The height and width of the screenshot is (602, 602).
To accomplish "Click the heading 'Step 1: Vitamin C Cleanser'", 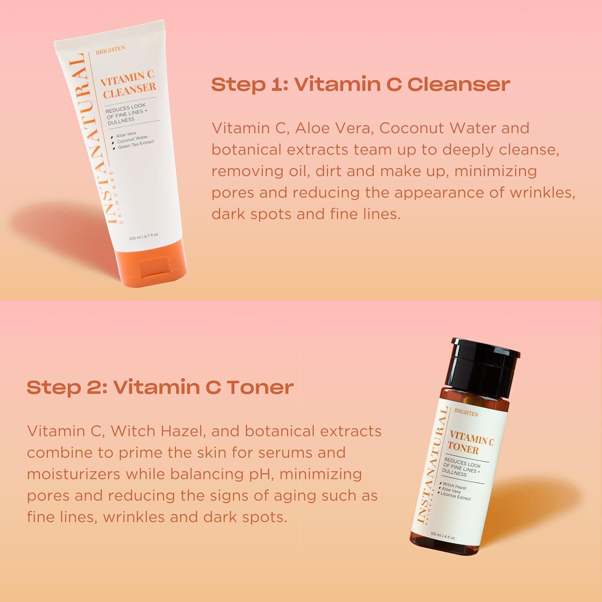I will [360, 84].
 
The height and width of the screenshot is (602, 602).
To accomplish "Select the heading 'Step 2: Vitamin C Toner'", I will [160, 387].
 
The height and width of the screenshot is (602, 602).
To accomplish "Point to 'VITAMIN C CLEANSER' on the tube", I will [128, 84].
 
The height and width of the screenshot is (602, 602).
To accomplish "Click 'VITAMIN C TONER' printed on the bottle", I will [470, 443].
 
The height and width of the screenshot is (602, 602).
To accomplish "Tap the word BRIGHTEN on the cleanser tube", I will [110, 50].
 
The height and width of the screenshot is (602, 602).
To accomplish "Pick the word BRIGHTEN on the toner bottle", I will [466, 413].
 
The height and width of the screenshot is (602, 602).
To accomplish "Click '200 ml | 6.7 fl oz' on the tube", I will [143, 237].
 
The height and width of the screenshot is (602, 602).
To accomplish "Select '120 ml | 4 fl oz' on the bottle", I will [442, 535].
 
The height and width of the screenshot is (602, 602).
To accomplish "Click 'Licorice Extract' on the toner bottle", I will [456, 496].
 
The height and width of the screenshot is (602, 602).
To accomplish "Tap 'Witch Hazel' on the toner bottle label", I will [455, 486].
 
